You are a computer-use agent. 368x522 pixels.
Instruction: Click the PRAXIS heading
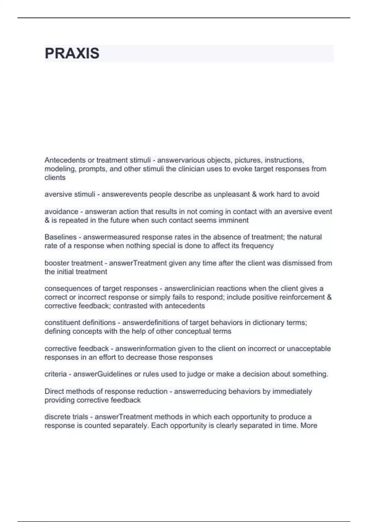(x=72, y=53)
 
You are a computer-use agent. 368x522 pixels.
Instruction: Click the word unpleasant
(x=234, y=194)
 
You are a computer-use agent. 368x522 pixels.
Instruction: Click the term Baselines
(x=60, y=237)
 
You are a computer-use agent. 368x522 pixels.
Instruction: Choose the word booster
(x=57, y=263)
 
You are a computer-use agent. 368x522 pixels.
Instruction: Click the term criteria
(x=56, y=374)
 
